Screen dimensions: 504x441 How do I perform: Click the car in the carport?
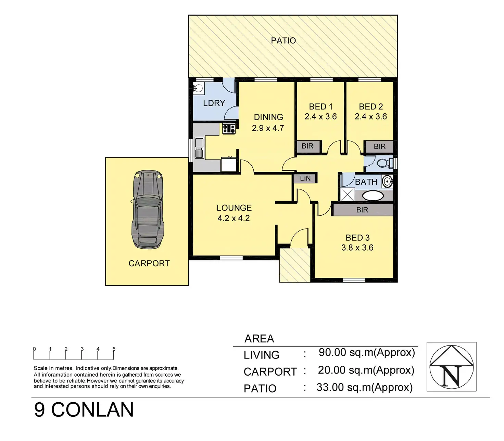(148, 209)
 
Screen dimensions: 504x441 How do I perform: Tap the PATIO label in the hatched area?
(283, 41)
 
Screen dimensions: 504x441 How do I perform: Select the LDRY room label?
(214, 103)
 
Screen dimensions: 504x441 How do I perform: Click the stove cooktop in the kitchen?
(229, 129)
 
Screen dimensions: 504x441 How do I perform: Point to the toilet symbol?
(384, 163)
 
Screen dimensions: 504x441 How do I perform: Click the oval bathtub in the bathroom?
(373, 196)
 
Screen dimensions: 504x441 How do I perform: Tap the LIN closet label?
(305, 178)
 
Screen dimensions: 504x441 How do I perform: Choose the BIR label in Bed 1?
(307, 146)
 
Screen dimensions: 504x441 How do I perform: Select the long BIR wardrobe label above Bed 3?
(362, 210)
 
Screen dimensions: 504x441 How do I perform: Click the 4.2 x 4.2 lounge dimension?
(234, 218)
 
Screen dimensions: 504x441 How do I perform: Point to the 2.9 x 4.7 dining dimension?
(268, 128)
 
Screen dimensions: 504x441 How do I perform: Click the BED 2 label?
(371, 107)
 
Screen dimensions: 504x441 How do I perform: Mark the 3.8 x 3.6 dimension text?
(357, 247)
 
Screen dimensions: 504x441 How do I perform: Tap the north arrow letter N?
(451, 376)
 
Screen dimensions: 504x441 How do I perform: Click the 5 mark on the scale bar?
(114, 349)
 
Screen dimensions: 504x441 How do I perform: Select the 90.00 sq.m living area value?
(367, 352)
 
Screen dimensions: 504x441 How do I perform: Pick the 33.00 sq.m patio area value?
(365, 387)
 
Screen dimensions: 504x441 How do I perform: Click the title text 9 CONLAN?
(84, 410)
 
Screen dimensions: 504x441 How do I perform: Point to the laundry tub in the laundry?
(198, 88)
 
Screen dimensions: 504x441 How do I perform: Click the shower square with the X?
(348, 194)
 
